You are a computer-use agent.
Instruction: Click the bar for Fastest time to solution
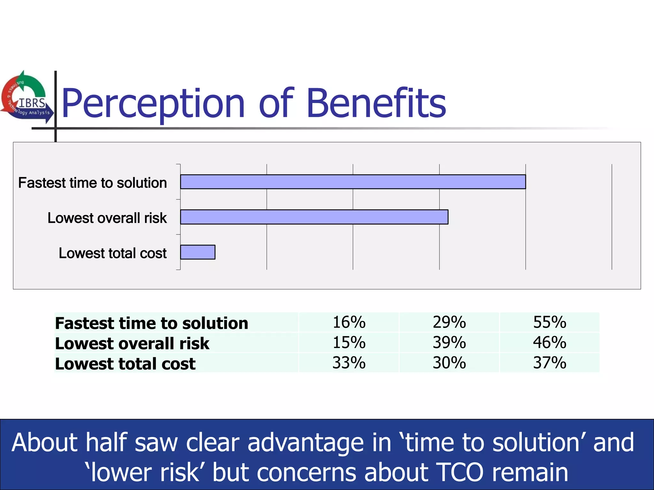coord(353,182)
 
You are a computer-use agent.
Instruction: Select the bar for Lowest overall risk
coord(314,217)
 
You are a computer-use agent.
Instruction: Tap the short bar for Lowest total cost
coord(198,252)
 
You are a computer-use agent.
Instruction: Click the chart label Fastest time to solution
coord(93,183)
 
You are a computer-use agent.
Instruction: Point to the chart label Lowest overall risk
coord(107,218)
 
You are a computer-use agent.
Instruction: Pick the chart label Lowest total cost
coord(112,253)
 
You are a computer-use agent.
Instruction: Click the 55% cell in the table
coord(549,322)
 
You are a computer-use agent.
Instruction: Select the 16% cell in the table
coord(349,322)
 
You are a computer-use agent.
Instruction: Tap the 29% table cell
coord(449,322)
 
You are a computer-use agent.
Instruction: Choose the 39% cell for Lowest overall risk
coord(449,343)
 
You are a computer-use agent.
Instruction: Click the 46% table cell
coord(549,343)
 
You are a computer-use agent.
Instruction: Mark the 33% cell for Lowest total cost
coord(349,363)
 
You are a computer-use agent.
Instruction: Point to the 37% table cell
coord(549,363)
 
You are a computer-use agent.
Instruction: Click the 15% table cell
coord(349,343)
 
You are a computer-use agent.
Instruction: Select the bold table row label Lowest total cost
coord(125,364)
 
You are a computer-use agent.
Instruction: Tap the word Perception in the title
coord(153,104)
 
